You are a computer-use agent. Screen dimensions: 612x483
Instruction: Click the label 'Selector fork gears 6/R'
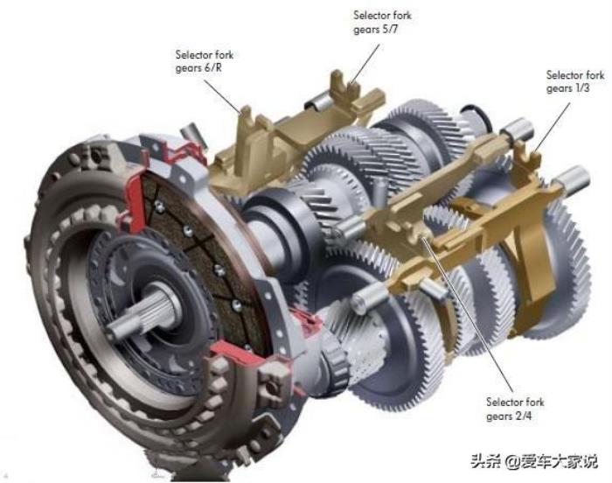(x=204, y=61)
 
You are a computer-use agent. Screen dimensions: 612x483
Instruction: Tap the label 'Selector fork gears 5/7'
(x=382, y=22)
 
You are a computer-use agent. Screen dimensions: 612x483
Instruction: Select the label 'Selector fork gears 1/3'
(x=575, y=81)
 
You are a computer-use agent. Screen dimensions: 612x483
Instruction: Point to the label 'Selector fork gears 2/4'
(x=515, y=409)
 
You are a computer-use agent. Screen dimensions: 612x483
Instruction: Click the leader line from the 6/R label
(x=221, y=94)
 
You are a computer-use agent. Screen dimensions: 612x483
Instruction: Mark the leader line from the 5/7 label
(x=365, y=64)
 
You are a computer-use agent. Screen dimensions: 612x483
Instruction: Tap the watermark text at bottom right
(x=534, y=461)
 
